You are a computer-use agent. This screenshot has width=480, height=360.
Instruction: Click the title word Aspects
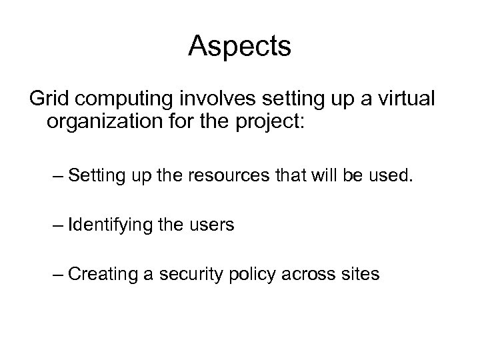point(239,47)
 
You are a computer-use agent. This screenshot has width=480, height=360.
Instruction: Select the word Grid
point(49,101)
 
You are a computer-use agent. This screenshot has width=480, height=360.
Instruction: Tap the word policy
point(257,274)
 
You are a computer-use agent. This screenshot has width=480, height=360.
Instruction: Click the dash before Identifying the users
point(57,226)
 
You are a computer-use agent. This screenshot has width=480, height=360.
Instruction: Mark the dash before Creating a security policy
point(57,274)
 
